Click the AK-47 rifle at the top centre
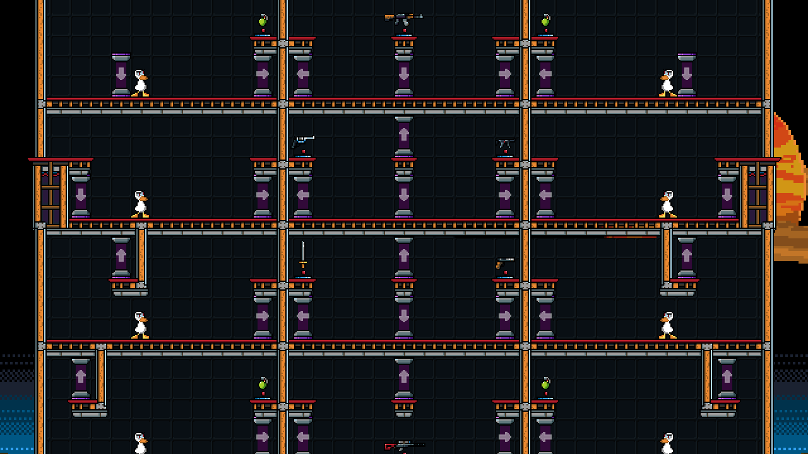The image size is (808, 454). point(403,18)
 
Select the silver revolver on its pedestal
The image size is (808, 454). point(303,142)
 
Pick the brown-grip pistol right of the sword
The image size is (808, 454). point(504,263)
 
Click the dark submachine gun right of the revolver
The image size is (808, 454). point(505,144)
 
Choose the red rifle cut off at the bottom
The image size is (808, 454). point(404,446)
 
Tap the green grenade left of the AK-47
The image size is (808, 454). point(263,21)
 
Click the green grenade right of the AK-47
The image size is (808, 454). point(545,21)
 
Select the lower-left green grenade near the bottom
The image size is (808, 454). point(263,384)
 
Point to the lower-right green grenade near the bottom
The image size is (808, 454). point(545,384)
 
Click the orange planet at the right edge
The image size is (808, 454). point(790,189)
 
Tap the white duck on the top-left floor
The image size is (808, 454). point(140,83)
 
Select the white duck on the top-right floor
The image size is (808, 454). point(667,83)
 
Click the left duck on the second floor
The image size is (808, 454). point(140,204)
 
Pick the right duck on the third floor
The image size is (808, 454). point(667,325)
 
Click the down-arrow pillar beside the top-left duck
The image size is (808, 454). point(121,74)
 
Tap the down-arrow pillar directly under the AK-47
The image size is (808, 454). point(404,74)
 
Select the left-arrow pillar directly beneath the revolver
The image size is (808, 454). point(303,195)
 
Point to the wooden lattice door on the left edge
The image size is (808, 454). point(50,195)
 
